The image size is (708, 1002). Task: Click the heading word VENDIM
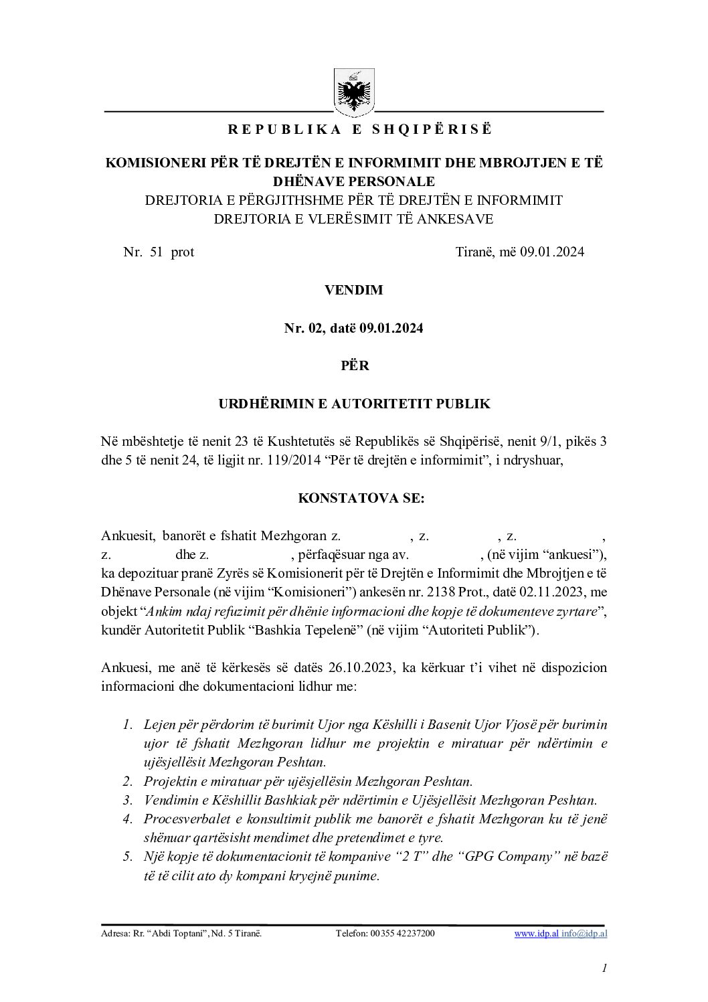point(353,290)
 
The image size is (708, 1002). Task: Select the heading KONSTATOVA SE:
point(353,499)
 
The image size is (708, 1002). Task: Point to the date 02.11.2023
point(552,592)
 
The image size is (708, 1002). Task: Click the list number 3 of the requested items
point(127,800)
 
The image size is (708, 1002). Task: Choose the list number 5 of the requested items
point(127,857)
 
